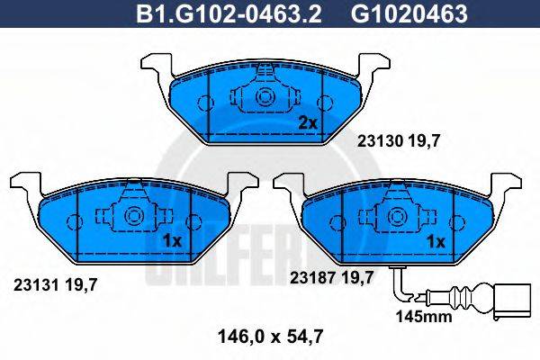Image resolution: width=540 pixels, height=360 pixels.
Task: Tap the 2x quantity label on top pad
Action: (308, 121)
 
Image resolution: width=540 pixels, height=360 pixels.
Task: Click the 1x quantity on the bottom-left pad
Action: (174, 241)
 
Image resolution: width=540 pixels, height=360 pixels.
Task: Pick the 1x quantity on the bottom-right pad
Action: (436, 241)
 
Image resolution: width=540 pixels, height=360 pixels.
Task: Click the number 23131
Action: (36, 283)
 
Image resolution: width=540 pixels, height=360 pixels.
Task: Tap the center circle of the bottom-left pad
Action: (133, 216)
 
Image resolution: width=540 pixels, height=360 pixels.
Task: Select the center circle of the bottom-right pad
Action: (397, 216)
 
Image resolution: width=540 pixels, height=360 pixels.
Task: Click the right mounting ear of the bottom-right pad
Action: (506, 184)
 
